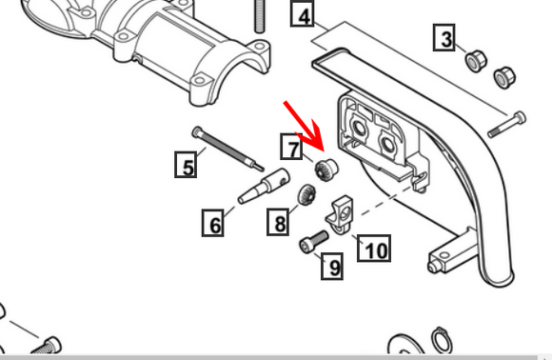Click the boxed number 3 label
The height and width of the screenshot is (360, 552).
[444, 39]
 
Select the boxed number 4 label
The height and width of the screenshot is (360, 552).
[303, 16]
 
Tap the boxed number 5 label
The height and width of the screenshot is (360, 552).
[187, 167]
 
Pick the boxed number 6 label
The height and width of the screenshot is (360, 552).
[215, 225]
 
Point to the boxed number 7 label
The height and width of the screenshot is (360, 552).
[292, 148]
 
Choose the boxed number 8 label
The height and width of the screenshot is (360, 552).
[279, 224]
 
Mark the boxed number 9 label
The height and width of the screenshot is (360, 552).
[332, 267]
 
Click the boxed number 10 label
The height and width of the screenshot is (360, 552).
[375, 250]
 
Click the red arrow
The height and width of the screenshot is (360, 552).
[303, 116]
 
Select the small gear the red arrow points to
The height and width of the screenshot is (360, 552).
[325, 170]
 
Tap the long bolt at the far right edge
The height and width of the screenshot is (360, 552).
[506, 121]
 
